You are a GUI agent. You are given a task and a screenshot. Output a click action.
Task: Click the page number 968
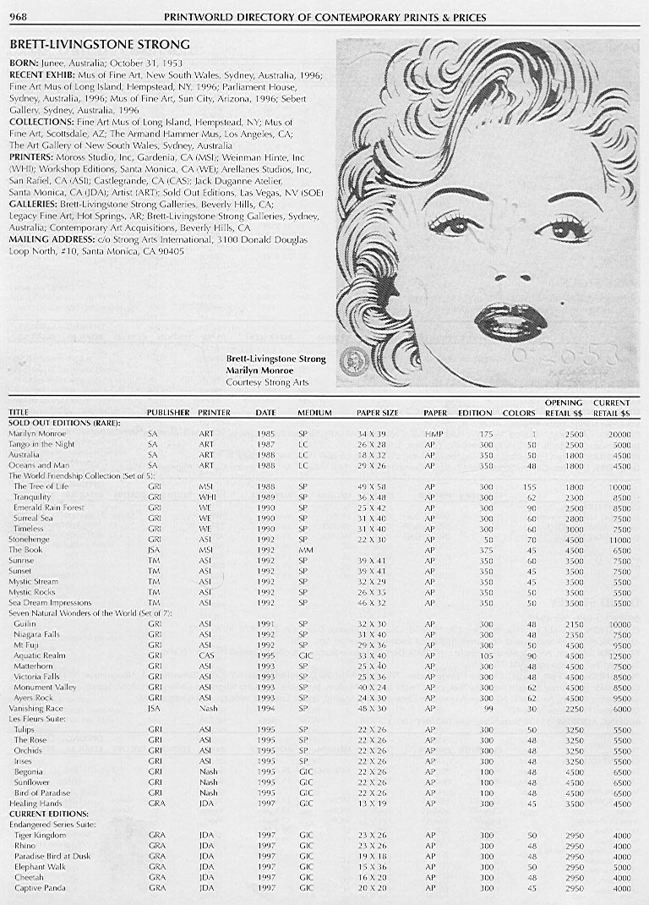(18, 17)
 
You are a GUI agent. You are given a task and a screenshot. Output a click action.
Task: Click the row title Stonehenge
(29, 539)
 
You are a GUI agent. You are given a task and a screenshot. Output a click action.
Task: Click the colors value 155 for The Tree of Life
(531, 486)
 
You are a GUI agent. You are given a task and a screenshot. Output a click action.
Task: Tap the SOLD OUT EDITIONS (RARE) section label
(63, 422)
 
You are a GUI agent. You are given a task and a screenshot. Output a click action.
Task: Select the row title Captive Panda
(40, 888)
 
